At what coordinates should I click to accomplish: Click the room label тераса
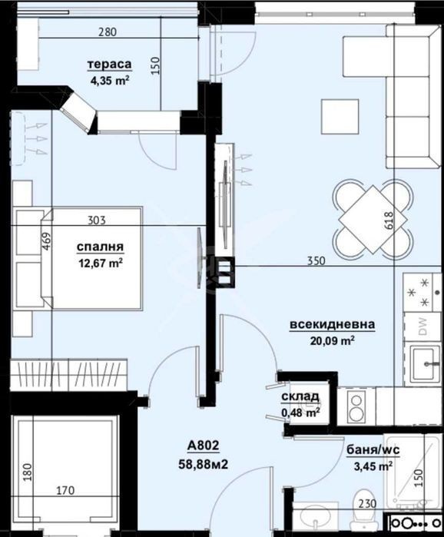pos(110,64)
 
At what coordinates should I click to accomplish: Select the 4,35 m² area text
pos(110,81)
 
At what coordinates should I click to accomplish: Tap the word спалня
pos(100,247)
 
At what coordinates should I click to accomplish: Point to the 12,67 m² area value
pos(101,264)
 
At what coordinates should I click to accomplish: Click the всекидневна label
pos(332,324)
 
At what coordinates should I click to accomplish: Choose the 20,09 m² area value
pos(332,341)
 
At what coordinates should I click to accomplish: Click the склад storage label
pos(300,396)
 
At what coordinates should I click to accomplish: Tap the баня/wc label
pos(373,449)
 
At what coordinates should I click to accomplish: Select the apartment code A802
pos(203,446)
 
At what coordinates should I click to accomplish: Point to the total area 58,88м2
pos(203,464)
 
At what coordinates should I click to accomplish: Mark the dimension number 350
pos(316,261)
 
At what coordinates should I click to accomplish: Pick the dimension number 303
pos(97,220)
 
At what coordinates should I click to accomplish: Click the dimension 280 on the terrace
pos(108,31)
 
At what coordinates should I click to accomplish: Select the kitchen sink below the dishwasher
pos(426,363)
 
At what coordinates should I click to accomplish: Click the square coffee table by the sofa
pos(340,117)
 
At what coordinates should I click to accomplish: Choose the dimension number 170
pos(65,490)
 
